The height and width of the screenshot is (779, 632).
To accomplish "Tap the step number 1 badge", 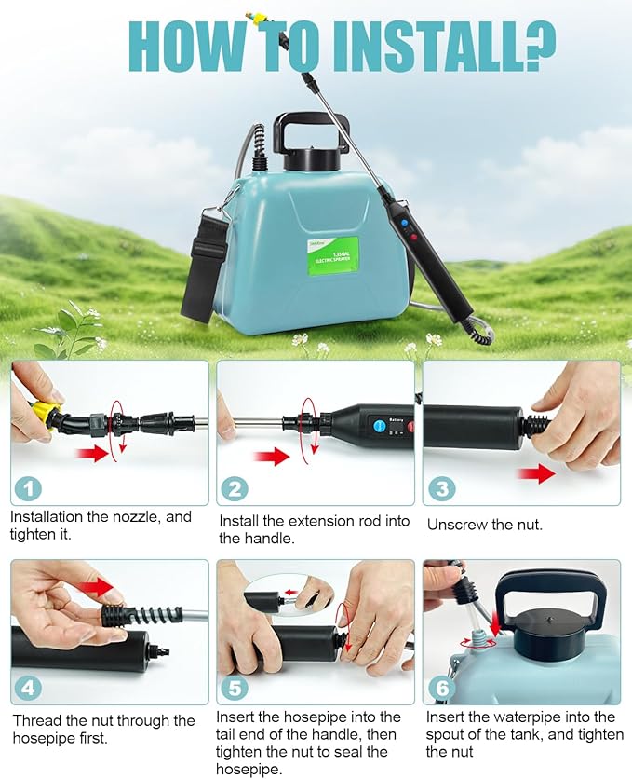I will [x=31, y=487].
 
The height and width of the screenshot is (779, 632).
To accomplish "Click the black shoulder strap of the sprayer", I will [x=199, y=270].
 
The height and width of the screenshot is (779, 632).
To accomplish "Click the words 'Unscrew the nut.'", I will [x=484, y=525].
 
